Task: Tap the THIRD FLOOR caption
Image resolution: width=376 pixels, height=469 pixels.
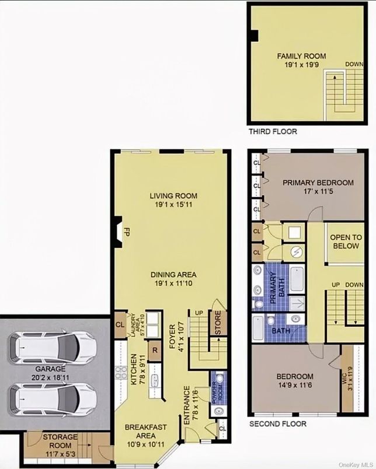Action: (x=273, y=132)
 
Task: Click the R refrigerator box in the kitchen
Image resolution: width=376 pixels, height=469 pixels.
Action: (x=154, y=351)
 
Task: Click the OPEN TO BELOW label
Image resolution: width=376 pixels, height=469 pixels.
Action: (x=346, y=242)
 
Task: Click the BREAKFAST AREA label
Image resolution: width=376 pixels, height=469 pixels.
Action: (x=145, y=432)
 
